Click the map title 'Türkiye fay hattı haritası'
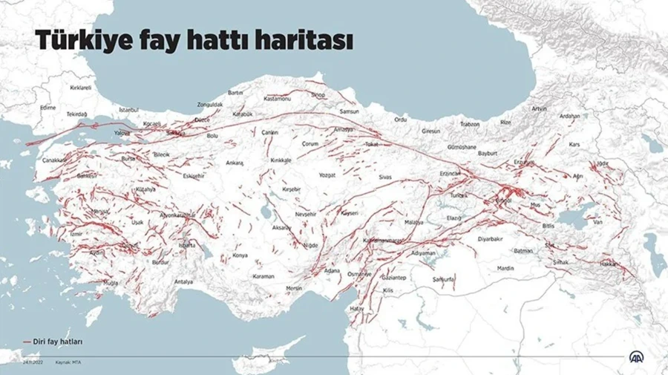coord(192,42)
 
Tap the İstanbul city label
coord(128,109)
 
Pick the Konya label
coord(240,255)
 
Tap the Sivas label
coord(384,178)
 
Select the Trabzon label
coord(470,124)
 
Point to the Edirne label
coord(48,108)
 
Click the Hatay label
coord(358,307)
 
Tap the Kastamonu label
coord(278,98)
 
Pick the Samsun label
coord(349,111)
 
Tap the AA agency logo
coord(637,356)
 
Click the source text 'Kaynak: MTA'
coord(66,362)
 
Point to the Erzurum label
coord(524,161)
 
